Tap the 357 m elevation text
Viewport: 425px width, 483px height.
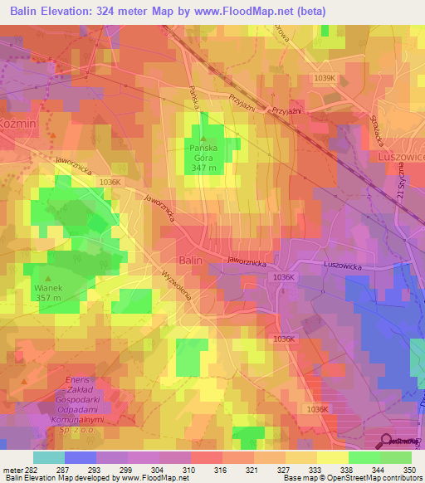48,299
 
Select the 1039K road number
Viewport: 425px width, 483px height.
325,78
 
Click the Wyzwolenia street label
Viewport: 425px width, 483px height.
178,283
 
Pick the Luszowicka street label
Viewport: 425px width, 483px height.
343,265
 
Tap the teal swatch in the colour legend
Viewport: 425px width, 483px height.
49,457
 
